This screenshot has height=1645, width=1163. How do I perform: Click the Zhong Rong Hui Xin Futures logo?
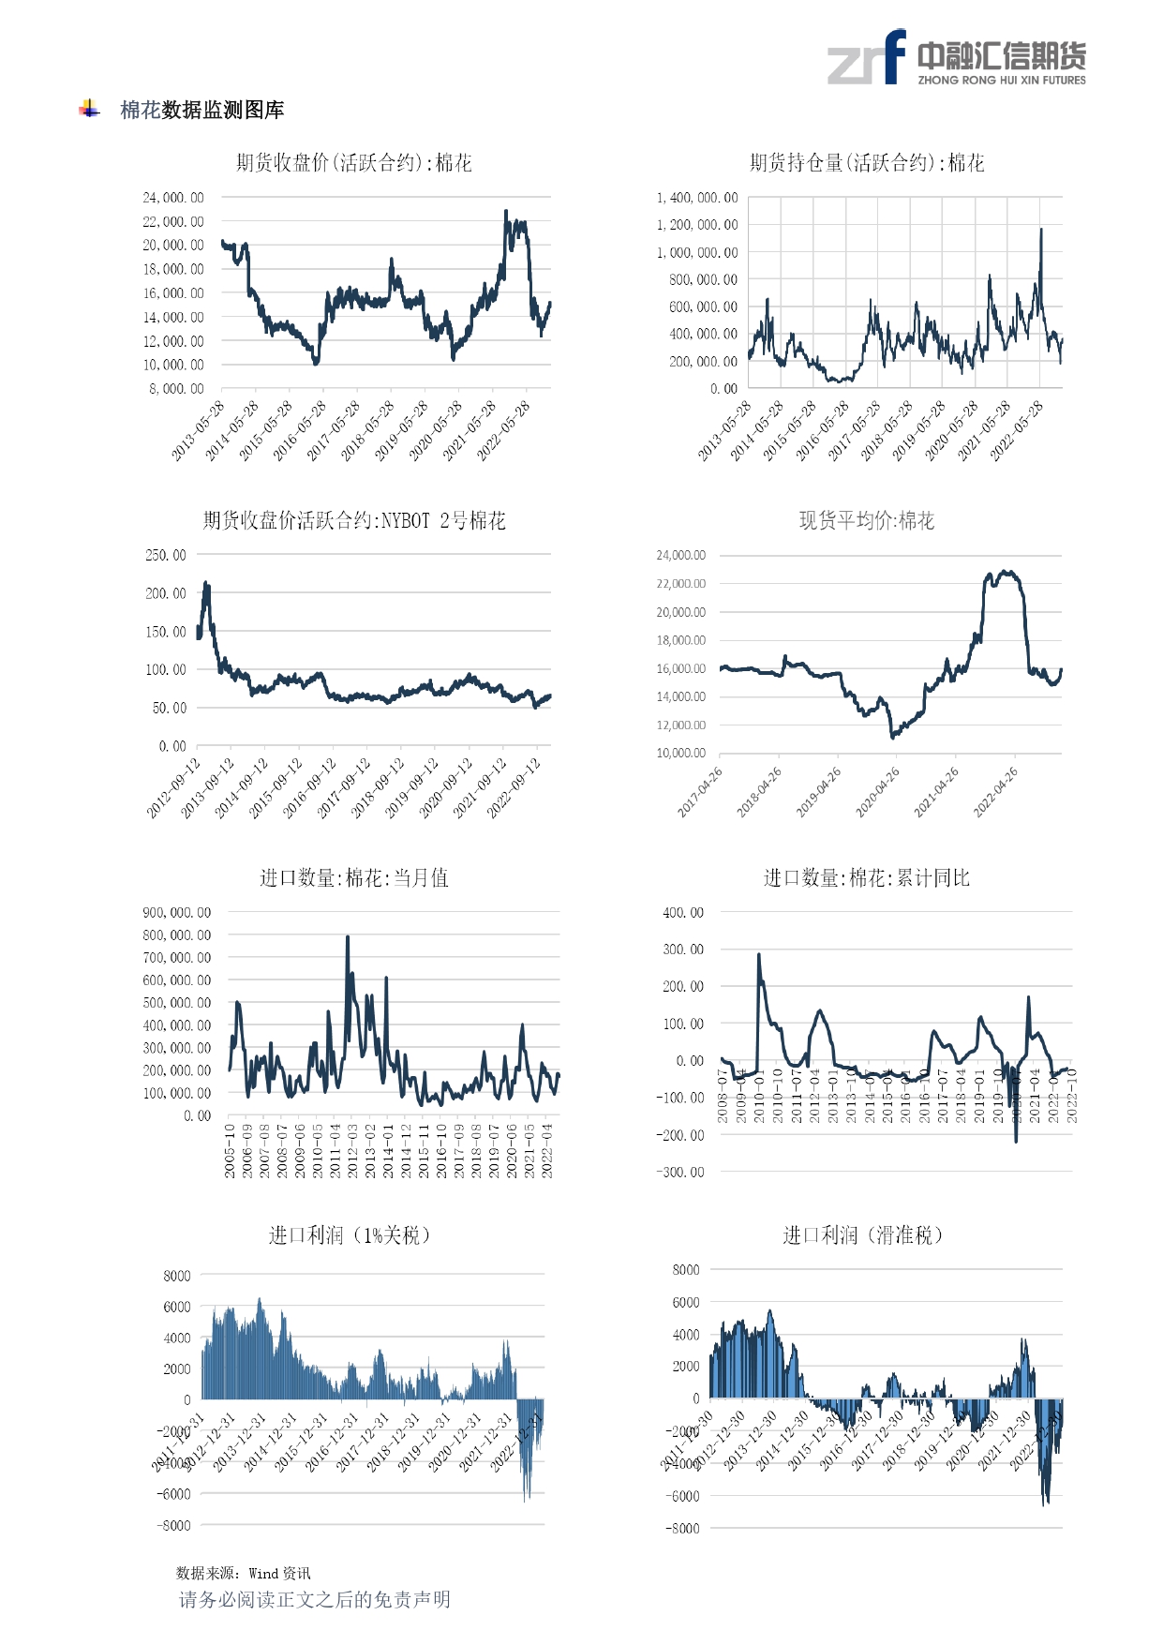click(x=956, y=58)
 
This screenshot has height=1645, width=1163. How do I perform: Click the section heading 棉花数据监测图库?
click(x=201, y=111)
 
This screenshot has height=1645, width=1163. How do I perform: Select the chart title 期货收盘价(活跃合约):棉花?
click(x=353, y=163)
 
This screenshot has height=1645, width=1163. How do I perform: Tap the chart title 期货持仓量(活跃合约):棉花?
click(x=867, y=163)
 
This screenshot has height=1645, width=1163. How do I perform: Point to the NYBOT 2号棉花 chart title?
click(x=353, y=521)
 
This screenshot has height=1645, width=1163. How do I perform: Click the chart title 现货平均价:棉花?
click(x=867, y=521)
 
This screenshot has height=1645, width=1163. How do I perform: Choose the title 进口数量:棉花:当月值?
click(x=353, y=878)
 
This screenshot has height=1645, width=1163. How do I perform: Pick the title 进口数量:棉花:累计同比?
click(x=867, y=878)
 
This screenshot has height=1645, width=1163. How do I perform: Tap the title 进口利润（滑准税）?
click(x=863, y=1235)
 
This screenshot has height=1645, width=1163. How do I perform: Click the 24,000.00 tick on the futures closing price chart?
click(x=173, y=198)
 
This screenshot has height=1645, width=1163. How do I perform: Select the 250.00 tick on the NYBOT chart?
click(x=166, y=555)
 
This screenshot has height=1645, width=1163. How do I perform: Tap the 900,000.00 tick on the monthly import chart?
click(x=177, y=912)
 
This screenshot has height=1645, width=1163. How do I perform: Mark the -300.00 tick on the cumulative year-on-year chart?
click(x=683, y=1173)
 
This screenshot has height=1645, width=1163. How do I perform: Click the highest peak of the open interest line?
click(x=1040, y=230)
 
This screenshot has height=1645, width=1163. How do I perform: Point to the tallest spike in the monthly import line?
click(x=348, y=937)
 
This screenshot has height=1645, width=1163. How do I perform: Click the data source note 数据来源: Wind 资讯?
click(x=244, y=1573)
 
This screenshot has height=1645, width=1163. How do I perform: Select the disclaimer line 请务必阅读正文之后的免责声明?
click(x=315, y=1599)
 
